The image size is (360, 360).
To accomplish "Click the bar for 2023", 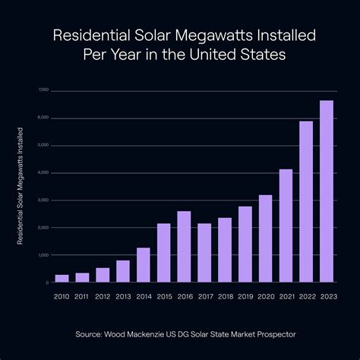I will [327, 191].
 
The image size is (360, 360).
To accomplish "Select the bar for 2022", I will [306, 202].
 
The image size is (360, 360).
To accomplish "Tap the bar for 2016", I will [184, 247].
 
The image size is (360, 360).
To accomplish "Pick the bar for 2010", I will [62, 279].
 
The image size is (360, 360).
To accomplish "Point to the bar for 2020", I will [265, 238].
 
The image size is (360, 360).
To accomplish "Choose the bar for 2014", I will [143, 265].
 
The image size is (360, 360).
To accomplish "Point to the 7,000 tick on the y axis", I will [43, 90].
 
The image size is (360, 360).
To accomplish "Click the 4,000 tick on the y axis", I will [43, 173].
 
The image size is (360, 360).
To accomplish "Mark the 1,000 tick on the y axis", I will [43, 255].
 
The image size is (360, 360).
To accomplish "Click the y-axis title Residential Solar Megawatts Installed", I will [20, 186].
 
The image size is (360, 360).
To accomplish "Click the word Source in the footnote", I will [90, 333].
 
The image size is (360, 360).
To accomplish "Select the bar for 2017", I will [204, 253].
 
